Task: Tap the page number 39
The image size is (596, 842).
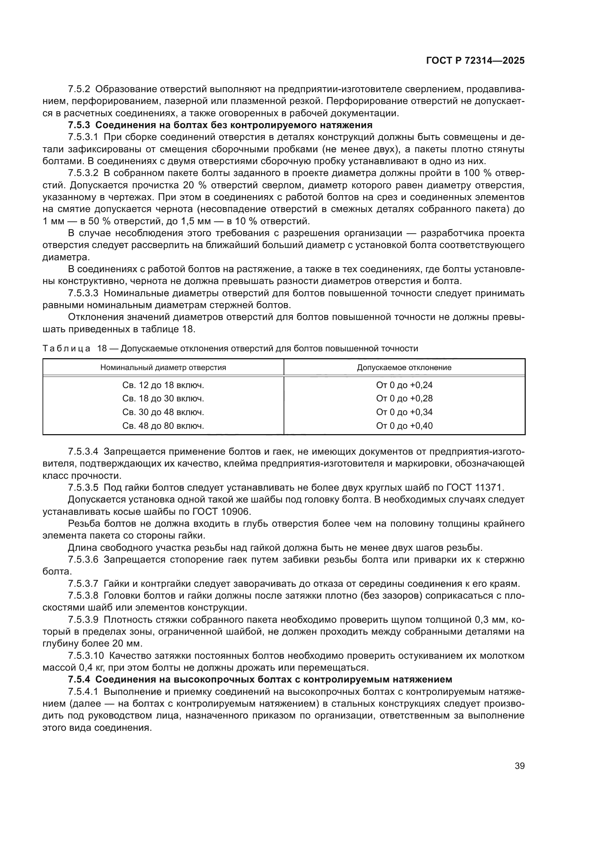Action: coord(519,766)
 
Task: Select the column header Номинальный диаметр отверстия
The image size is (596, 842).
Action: coord(163,368)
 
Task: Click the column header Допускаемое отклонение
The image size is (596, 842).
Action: coord(404,368)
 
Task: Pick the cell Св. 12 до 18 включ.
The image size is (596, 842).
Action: coord(163,385)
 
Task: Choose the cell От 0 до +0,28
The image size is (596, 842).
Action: coord(404,398)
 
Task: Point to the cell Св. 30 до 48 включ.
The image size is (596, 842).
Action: coord(163,412)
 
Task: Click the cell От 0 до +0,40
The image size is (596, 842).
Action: coord(404,426)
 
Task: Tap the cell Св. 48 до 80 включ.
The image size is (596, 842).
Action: coord(163,426)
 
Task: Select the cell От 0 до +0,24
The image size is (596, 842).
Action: coord(404,385)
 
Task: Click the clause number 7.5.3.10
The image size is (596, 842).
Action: coord(86,656)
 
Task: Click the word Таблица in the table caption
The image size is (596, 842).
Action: coord(66,348)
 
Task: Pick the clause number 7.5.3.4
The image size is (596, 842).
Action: coord(83,451)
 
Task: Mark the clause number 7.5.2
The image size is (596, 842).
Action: coord(79,89)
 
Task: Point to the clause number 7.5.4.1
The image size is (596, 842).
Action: coord(83,692)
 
